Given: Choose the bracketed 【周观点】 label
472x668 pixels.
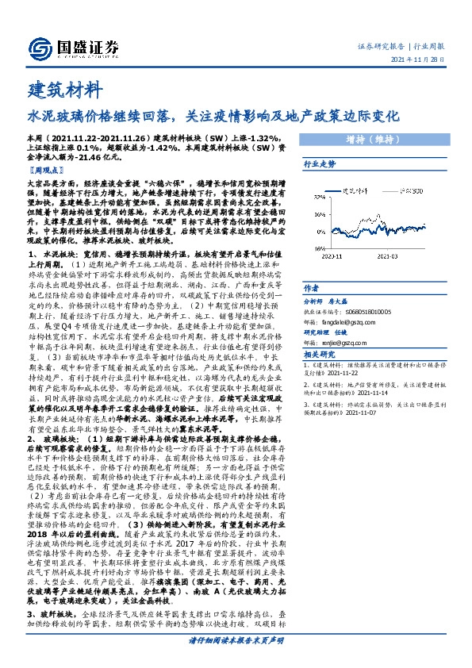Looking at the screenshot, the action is (44, 170).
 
